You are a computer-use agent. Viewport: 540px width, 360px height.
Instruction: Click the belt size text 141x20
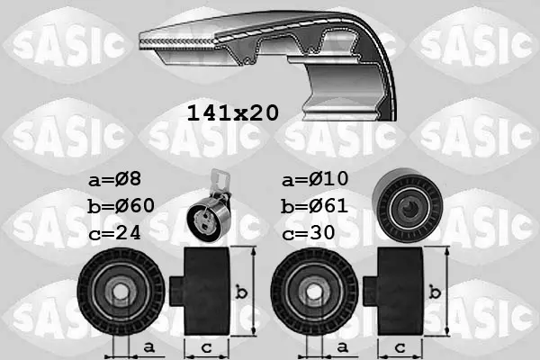tap(232, 112)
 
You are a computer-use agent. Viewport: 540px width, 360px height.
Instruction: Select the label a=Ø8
tap(117, 179)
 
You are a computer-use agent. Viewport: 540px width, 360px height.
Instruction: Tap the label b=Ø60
tap(121, 206)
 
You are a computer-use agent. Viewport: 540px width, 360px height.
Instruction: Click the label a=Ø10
tap(314, 179)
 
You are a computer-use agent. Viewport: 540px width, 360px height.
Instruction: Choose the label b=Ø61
tap(314, 206)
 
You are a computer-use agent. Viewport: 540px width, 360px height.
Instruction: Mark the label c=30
tap(310, 232)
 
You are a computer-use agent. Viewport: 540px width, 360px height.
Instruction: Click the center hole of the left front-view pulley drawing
tap(117, 291)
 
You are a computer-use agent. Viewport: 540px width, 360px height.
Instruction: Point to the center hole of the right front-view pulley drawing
tap(311, 291)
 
